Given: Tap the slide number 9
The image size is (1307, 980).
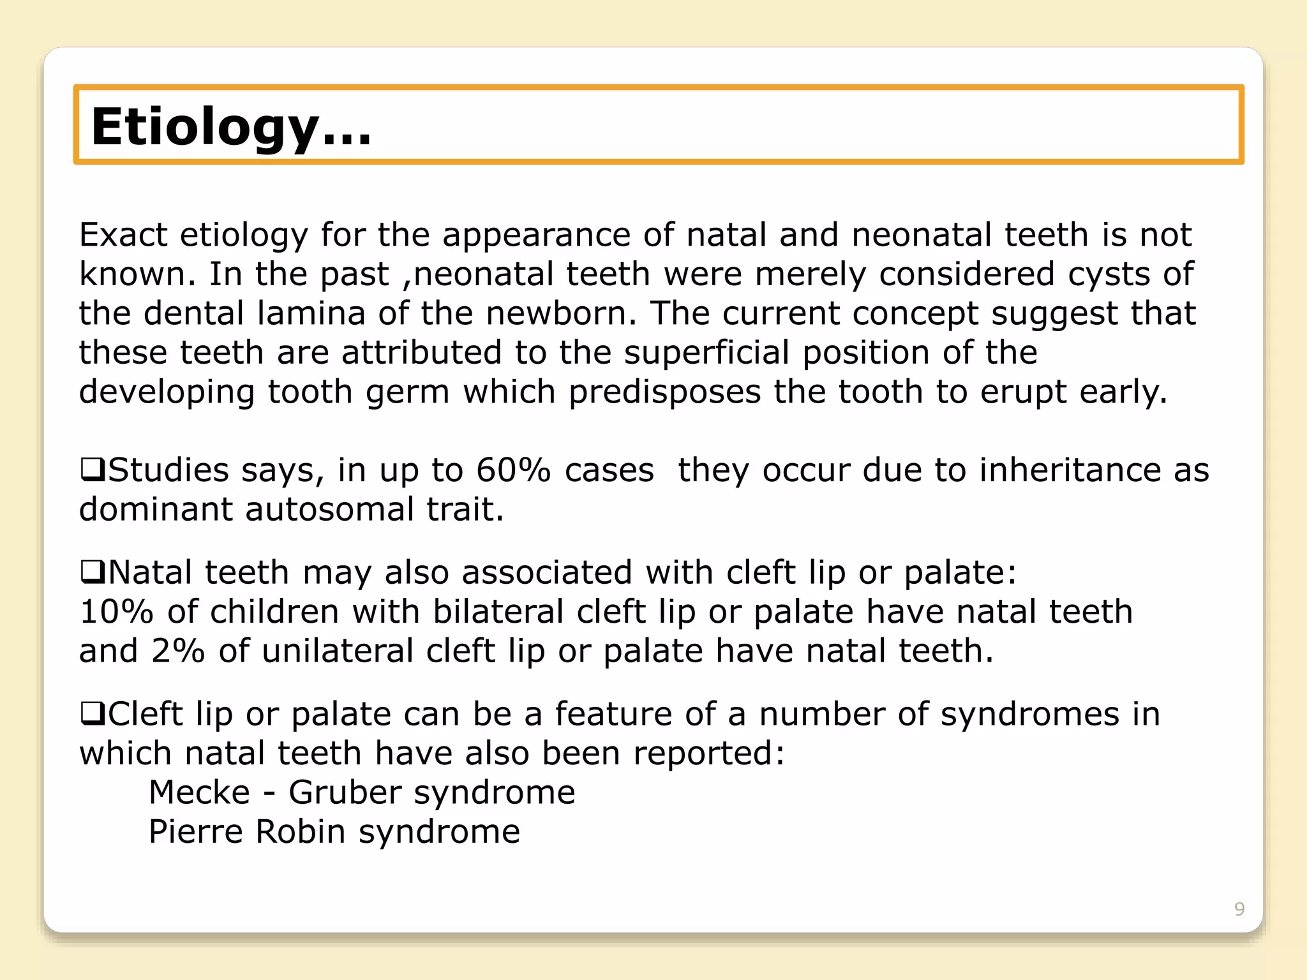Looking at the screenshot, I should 1239,909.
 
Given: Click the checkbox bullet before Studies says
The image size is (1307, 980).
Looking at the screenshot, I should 93,470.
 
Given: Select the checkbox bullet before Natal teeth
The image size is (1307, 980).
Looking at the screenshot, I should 93,572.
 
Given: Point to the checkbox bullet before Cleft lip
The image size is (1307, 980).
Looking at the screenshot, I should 93,713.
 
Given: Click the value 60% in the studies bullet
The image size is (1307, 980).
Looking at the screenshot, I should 513,470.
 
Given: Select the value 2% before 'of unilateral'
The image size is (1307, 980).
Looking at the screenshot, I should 177,651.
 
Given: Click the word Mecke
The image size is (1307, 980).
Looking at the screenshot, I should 199,792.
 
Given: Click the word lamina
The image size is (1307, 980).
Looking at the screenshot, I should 311,313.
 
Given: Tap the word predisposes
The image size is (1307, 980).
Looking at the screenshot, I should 664,392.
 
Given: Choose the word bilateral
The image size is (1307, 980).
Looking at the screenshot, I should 498,611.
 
